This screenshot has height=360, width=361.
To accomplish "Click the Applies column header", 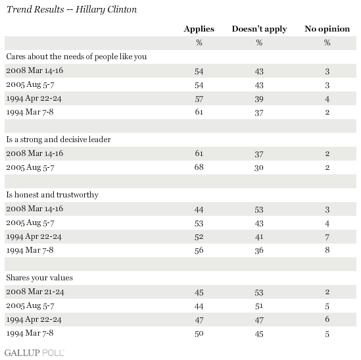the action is pyautogui.click(x=199, y=29).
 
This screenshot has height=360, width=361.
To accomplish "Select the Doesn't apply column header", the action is pyautogui.click(x=259, y=29).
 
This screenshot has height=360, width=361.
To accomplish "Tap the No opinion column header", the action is pyautogui.click(x=327, y=29).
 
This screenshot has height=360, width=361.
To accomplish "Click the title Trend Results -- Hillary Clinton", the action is pyautogui.click(x=72, y=10).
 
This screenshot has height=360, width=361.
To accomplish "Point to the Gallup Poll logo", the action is pyautogui.click(x=34, y=353).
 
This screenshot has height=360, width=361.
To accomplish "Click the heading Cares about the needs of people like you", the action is pyautogui.click(x=76, y=57).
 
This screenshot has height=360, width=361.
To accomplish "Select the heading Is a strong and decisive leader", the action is pyautogui.click(x=59, y=140).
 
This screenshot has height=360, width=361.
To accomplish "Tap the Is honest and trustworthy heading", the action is pyautogui.click(x=52, y=195).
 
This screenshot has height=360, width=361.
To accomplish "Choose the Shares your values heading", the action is pyautogui.click(x=39, y=278).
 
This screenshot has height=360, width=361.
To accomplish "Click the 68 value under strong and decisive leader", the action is pyautogui.click(x=199, y=167).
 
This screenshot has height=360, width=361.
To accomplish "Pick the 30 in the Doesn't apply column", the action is pyautogui.click(x=259, y=168).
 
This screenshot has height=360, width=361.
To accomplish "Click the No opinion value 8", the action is pyautogui.click(x=327, y=250).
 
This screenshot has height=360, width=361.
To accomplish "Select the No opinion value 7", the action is pyautogui.click(x=327, y=237).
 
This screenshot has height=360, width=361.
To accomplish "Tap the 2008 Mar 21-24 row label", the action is pyautogui.click(x=35, y=292).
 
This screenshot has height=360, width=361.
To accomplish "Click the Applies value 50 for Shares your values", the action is pyautogui.click(x=199, y=334).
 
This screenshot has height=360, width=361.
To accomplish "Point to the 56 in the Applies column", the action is pyautogui.click(x=199, y=251).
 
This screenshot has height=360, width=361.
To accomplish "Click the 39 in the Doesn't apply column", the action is pyautogui.click(x=259, y=99).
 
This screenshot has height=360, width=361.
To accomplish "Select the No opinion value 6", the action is pyautogui.click(x=327, y=319).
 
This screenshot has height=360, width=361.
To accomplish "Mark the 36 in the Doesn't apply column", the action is pyautogui.click(x=259, y=251).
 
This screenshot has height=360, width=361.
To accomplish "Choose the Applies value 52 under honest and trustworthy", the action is pyautogui.click(x=199, y=237).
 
